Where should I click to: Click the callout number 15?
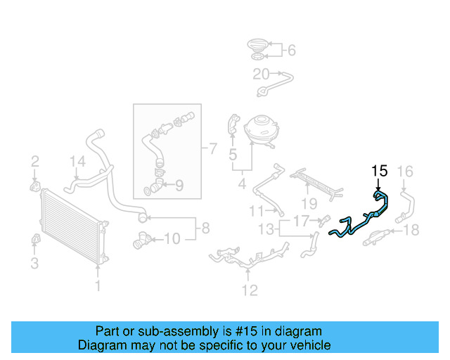click(x=380, y=171)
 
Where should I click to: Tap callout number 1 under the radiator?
click(x=98, y=285)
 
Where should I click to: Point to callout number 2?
click(x=34, y=164)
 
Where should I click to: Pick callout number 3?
click(x=34, y=264)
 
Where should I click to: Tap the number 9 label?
click(x=179, y=186)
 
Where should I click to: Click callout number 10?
click(x=172, y=239)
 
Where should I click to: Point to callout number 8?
click(x=205, y=228)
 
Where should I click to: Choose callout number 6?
click(x=292, y=50)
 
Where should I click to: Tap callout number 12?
click(x=250, y=290)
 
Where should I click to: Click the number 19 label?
click(x=308, y=203)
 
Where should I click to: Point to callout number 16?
click(x=406, y=171)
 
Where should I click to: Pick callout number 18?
click(x=411, y=229)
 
